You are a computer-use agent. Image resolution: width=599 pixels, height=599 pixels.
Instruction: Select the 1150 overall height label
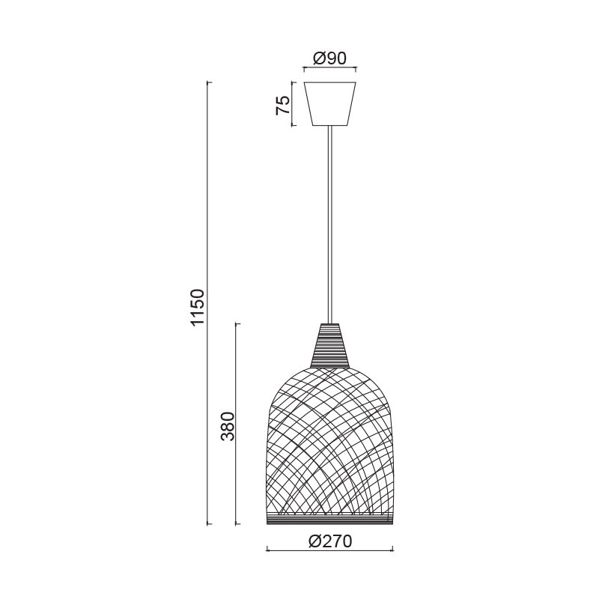pos(197,307)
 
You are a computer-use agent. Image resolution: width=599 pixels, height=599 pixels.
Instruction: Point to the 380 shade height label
pos(228,425)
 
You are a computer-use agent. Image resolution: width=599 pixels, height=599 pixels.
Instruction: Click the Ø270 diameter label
pos(329,541)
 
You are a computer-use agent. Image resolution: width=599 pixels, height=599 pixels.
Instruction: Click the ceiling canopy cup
pos(329,103)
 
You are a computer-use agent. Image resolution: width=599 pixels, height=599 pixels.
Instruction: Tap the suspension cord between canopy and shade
pos(329,225)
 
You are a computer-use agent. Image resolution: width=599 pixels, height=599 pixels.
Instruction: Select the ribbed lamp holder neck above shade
pos(329,346)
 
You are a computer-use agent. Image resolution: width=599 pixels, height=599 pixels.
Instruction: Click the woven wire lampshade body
pos(329,442)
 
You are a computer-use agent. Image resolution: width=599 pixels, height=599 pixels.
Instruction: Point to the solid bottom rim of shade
pos(329,520)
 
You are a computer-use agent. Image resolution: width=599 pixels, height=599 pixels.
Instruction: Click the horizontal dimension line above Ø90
pos(329,69)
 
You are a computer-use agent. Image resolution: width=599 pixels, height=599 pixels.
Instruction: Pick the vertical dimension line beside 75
pos(293,103)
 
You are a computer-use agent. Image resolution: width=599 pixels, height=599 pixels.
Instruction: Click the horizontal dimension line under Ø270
pos(329,551)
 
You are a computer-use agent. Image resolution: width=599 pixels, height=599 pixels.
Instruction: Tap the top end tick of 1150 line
pos(209,82)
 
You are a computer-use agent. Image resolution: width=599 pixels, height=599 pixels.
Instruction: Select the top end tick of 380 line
pos(237,323)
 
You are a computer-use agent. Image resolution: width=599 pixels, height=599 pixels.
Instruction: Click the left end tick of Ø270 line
pos(267,551)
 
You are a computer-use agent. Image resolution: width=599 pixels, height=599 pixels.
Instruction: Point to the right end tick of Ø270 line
pos(392,551)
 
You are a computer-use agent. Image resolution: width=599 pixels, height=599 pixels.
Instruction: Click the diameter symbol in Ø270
pos(314,541)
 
